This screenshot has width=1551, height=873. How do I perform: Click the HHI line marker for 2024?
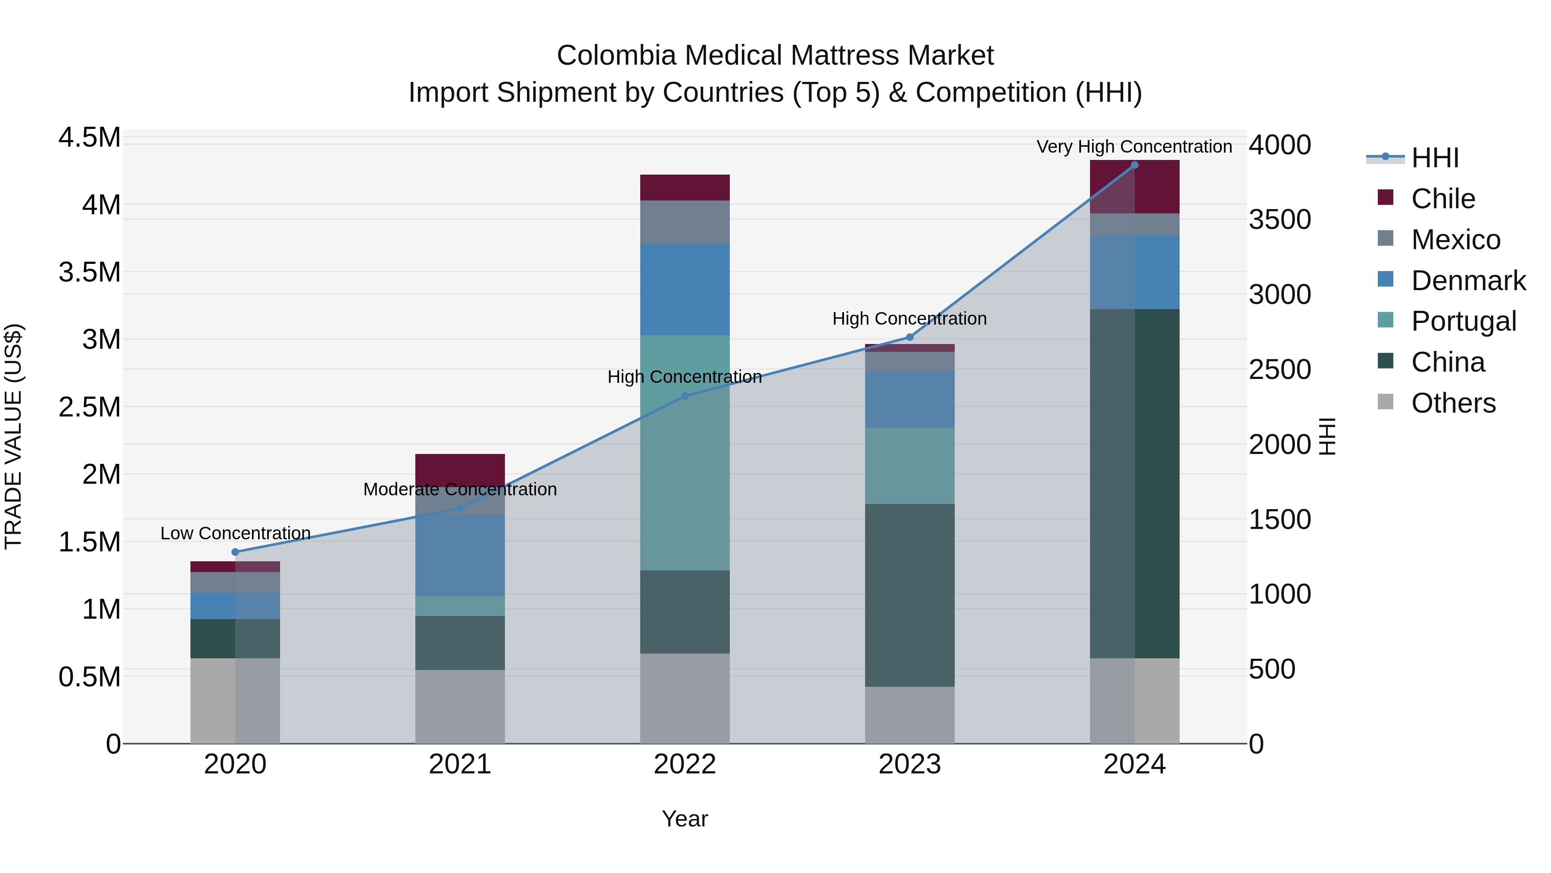tap(1134, 165)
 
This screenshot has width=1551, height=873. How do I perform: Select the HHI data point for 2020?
tap(235, 552)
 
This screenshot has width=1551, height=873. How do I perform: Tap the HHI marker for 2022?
tap(685, 396)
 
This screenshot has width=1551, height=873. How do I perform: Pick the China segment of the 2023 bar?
tap(910, 595)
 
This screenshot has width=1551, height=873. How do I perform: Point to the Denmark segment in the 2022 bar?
tap(685, 289)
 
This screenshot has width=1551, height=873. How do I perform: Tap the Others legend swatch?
tap(1386, 402)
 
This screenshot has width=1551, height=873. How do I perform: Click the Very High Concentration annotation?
tap(1134, 147)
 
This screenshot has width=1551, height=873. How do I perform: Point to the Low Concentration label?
tap(235, 533)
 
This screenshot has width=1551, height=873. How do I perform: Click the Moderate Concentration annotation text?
tap(460, 489)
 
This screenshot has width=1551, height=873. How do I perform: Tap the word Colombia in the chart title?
tap(617, 56)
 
